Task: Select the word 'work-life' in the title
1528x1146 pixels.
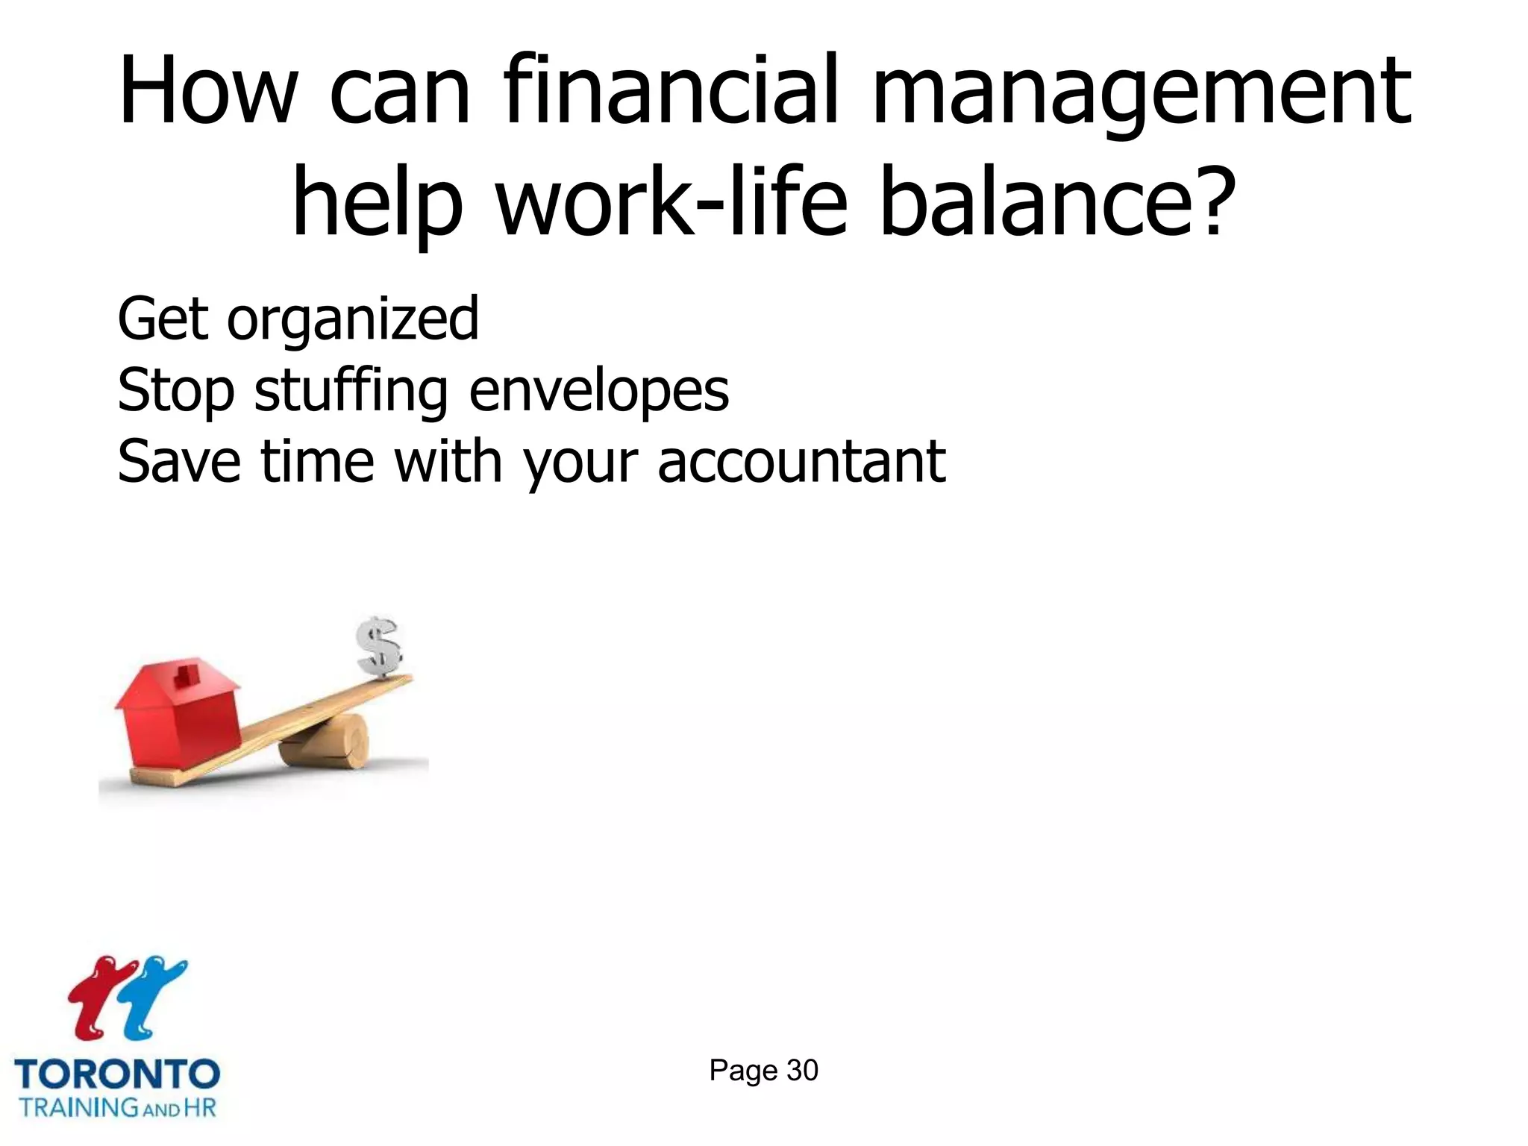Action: [672, 201]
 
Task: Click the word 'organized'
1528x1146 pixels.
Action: [353, 321]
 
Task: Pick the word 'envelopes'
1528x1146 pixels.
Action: [599, 391]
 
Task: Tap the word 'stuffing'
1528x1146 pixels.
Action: [351, 392]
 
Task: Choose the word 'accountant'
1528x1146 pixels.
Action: [801, 462]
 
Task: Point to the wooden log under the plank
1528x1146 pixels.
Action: [325, 742]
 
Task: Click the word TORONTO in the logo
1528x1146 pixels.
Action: [117, 1074]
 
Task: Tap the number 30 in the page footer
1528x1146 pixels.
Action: [802, 1071]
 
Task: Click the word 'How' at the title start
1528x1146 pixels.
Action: [207, 91]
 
